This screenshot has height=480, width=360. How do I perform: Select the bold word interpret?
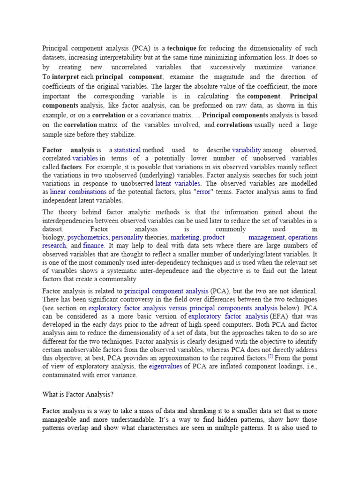65,77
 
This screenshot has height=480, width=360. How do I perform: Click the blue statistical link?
127,150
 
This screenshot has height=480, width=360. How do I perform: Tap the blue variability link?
246,150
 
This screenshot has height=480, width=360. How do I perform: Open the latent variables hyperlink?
178,183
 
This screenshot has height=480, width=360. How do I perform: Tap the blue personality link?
127,237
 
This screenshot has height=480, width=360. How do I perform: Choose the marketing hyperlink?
185,237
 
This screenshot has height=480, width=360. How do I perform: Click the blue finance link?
93,246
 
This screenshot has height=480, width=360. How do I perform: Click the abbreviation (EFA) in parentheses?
279,316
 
